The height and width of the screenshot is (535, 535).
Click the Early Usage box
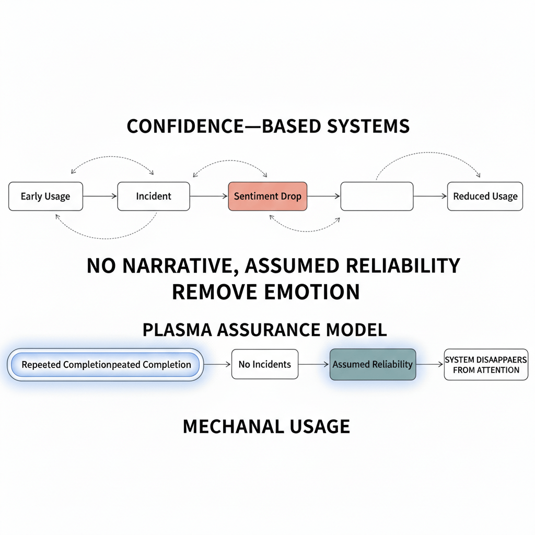(x=45, y=196)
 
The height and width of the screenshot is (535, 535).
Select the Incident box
(x=154, y=196)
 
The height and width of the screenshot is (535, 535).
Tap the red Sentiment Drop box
(x=267, y=196)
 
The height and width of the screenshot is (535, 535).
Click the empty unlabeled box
(x=377, y=196)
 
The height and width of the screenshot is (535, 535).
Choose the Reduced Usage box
(x=485, y=196)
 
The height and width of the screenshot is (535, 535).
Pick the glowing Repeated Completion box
(x=105, y=365)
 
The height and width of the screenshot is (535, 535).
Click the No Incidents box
(x=264, y=364)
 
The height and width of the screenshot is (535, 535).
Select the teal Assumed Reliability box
(x=373, y=364)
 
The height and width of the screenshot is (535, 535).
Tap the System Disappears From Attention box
(x=486, y=365)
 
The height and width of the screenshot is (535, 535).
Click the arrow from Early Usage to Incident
(x=100, y=196)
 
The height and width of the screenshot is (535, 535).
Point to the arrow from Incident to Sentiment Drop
(x=209, y=196)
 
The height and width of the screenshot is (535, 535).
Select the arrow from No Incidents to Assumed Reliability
(x=314, y=364)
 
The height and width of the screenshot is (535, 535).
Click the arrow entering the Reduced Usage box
(x=430, y=196)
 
